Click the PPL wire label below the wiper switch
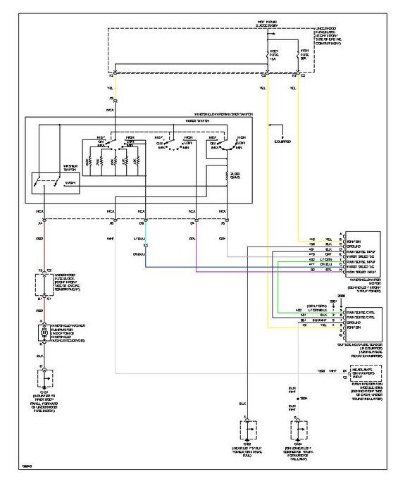[193, 239]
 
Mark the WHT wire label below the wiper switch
[111, 239]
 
